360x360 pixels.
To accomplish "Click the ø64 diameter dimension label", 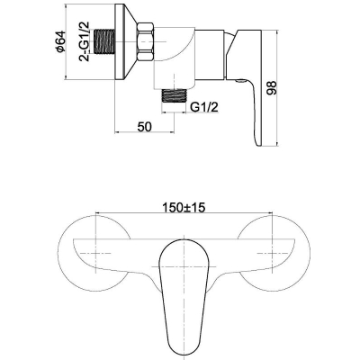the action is point(60,41).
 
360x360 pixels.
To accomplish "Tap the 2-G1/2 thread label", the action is point(85,41).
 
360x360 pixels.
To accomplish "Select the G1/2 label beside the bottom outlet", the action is point(204,106).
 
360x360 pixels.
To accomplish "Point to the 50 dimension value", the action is point(144,127).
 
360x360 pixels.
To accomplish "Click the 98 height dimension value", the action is point(272,88).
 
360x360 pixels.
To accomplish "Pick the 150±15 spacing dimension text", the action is point(184,207).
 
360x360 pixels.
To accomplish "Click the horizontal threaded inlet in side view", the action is point(105,41).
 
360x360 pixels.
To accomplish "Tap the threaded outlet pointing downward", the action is point(174,96).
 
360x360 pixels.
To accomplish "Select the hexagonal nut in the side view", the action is point(146,42).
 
